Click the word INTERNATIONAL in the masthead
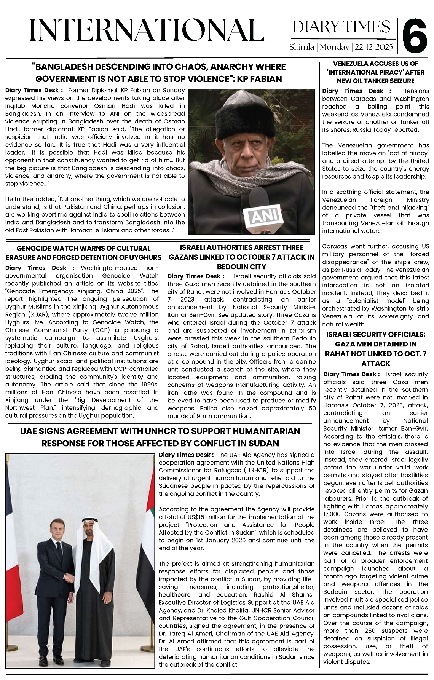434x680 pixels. click(x=147, y=30)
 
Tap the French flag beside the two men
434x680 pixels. click(x=15, y=571)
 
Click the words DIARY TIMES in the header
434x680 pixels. click(x=341, y=27)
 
